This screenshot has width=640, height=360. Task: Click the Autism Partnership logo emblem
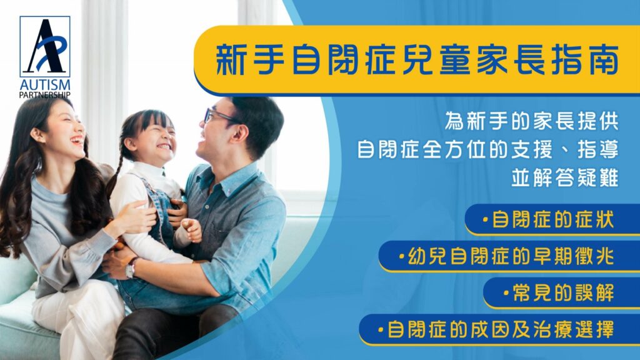point(45,46)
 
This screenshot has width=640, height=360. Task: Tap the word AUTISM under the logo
point(45,85)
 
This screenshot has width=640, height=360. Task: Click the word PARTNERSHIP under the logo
point(45,95)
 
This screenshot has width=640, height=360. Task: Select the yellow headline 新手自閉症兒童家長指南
point(417,60)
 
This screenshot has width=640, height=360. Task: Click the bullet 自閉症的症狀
point(548,219)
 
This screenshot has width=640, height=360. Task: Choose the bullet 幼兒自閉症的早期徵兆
point(506,256)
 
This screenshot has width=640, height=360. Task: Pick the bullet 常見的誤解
point(558,292)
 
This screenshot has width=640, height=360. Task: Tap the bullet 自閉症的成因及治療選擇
point(496,329)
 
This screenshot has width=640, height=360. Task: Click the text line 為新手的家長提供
point(531,121)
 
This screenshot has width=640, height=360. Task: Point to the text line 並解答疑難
point(565,178)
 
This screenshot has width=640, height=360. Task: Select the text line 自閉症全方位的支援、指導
point(487,149)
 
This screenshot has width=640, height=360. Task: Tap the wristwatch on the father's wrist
point(131,268)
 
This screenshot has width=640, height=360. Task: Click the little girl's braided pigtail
point(114,175)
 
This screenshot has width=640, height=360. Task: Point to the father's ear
point(239,133)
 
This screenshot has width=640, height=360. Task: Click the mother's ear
point(37,135)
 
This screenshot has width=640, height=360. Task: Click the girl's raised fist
point(191,230)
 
